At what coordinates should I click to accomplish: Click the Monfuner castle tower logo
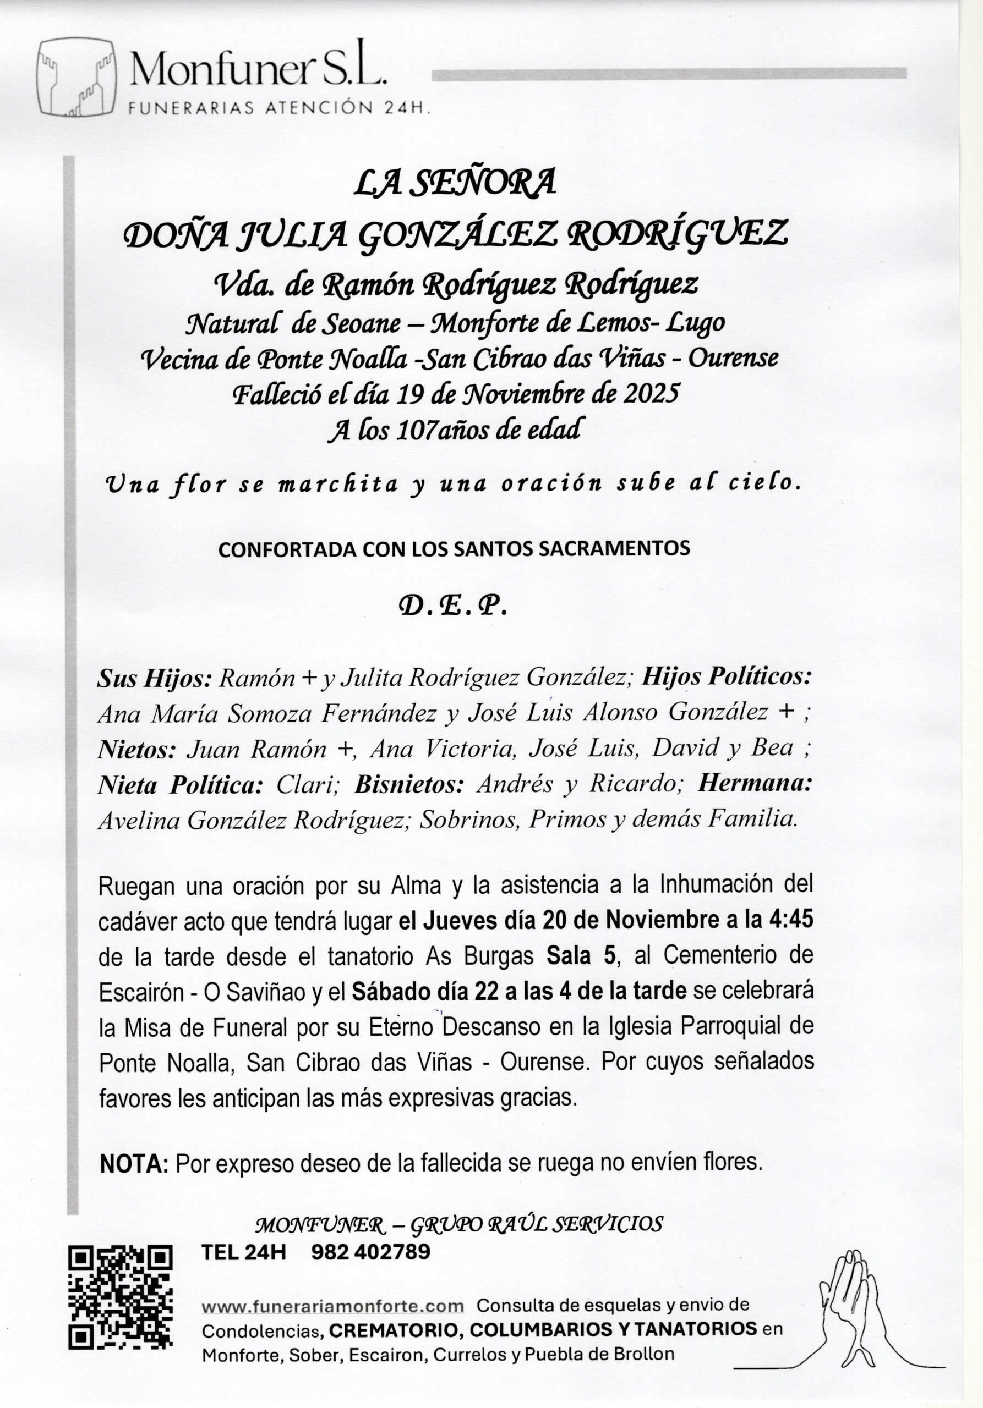click(x=77, y=77)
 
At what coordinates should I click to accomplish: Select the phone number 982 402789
click(x=370, y=1252)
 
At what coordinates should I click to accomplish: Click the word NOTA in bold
click(x=134, y=1163)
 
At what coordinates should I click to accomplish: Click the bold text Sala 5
click(x=582, y=956)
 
